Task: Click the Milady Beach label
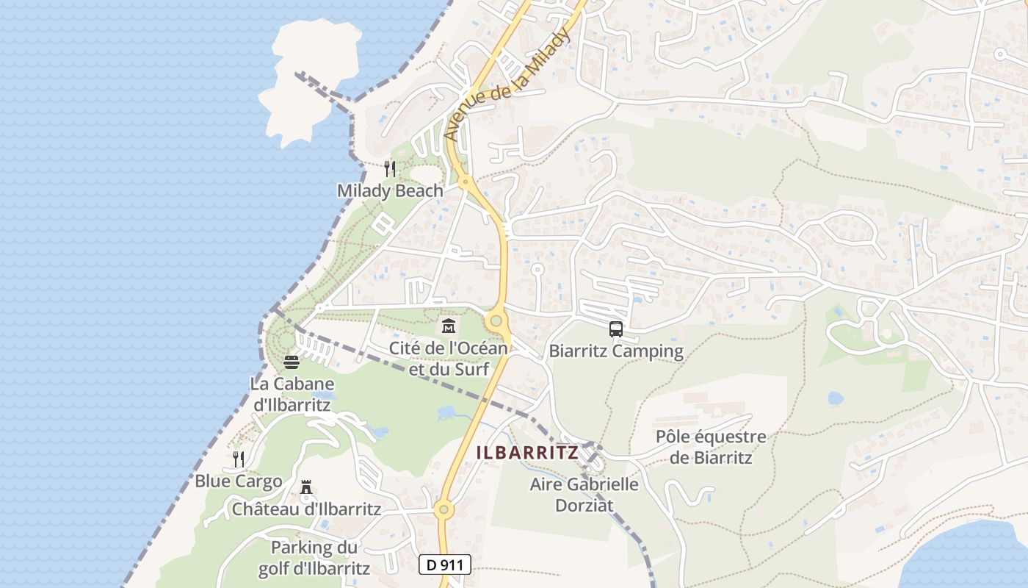coord(390,191)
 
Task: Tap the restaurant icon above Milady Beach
coord(390,169)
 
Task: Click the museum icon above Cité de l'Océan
coord(448,326)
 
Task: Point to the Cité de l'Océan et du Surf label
coord(448,359)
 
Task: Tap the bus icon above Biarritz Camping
coord(615,329)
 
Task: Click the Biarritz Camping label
coord(615,351)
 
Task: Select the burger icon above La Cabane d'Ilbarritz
coord(292,362)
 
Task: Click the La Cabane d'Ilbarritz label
coord(292,394)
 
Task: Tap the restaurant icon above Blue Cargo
coord(238,459)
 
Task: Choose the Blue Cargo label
coord(238,481)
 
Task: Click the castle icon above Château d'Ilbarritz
coord(306,487)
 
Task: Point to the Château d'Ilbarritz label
coord(306,509)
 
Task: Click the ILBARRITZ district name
coord(527,453)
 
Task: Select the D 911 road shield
coord(444,564)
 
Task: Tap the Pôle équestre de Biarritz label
coord(711,447)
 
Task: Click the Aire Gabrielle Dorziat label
coord(584,495)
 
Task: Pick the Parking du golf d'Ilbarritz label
coord(314,558)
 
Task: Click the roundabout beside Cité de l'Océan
coord(496,320)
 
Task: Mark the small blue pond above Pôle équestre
coord(835,398)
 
